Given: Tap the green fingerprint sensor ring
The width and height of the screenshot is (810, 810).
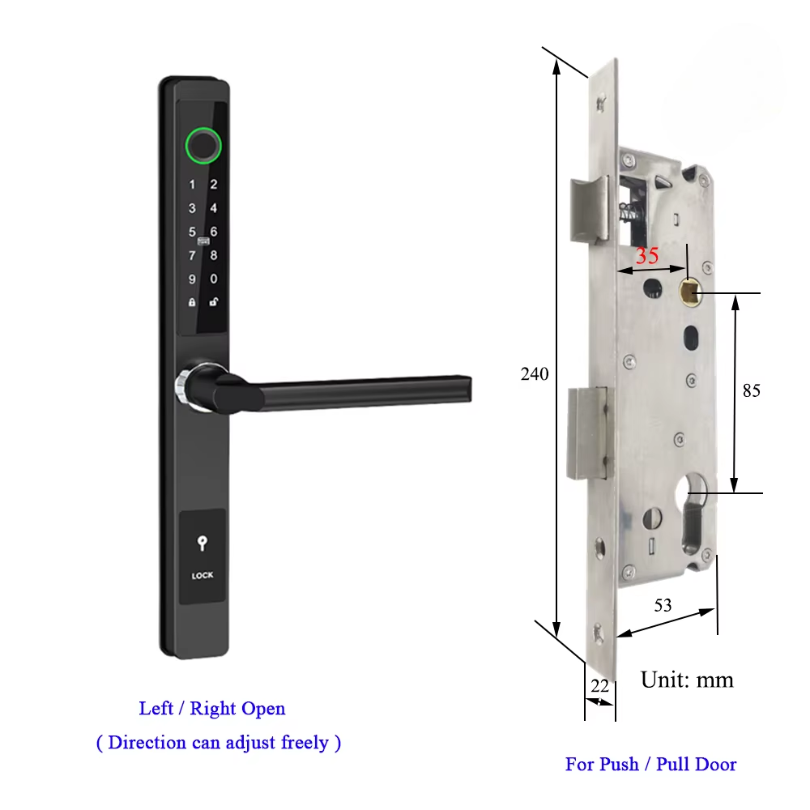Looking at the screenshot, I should pos(202,146).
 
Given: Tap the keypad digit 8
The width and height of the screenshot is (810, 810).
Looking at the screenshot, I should pos(214,255).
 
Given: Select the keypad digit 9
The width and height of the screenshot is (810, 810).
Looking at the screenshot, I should pos(192,279).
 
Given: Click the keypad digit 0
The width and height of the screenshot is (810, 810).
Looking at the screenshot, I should pos(214,279).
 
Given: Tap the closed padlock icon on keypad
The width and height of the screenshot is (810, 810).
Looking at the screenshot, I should pos(192,302).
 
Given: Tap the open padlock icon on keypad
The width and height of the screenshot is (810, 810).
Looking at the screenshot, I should pos(214,302).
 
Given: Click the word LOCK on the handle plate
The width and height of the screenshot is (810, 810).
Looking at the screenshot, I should pos(202,576).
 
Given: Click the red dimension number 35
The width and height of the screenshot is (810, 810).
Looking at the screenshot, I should pos(647,256).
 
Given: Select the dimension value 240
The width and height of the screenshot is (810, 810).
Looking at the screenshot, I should pos(535,374).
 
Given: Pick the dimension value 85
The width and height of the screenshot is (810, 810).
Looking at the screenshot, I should pos(752,390).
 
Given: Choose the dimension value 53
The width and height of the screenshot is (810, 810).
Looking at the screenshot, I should pos(663,604).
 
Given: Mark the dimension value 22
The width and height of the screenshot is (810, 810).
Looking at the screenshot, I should pos(599,685).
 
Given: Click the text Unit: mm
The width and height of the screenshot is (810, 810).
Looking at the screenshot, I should pos(687,680).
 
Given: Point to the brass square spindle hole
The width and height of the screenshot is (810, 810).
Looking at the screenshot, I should pos(689,289).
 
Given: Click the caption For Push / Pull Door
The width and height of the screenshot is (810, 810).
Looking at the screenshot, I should pos(650,764).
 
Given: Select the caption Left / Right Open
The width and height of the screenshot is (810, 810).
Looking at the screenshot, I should pos(212,709).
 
